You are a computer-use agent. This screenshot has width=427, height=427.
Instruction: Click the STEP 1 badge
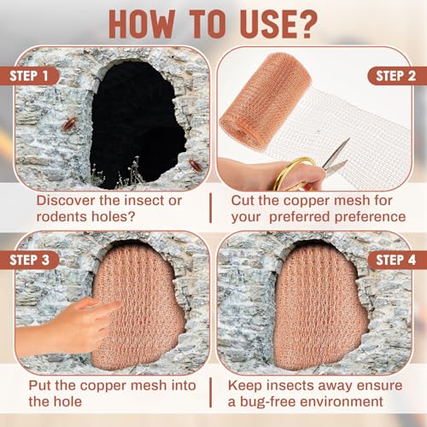[28, 76]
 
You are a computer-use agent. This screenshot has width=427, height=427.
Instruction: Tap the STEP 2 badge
[397, 76]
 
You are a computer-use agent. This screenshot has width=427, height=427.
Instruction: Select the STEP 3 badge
[28, 260]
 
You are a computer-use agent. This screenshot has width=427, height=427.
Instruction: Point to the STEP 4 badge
[397, 260]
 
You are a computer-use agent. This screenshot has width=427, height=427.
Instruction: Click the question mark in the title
[306, 24]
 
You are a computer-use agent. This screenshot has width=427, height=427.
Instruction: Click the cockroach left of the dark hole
[69, 124]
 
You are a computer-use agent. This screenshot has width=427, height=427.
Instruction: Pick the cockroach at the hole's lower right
[196, 166]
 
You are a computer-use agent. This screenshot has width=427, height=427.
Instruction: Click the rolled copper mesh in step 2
[266, 101]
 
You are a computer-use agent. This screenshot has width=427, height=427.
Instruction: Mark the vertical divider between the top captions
[211, 208]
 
